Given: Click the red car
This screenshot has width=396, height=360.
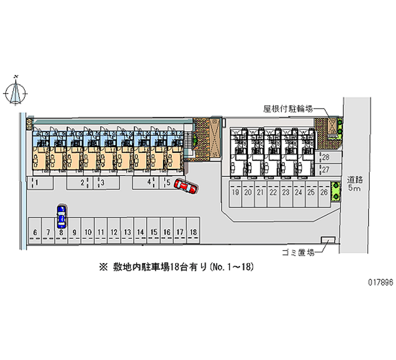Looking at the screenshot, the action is [x=186, y=188].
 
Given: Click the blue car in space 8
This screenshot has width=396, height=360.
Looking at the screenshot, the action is [x=61, y=215].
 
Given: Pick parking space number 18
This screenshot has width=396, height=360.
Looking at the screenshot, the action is [x=194, y=232].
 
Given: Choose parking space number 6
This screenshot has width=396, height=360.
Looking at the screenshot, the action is [x=35, y=232].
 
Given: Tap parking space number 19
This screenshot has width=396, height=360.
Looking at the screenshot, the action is [x=236, y=193].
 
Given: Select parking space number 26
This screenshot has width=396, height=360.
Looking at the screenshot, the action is [x=324, y=193].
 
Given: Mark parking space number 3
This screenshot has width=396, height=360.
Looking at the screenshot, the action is [x=102, y=183].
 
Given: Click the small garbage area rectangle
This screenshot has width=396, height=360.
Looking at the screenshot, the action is [x=327, y=240].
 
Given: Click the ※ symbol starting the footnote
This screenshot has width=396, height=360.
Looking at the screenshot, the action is [x=103, y=267].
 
